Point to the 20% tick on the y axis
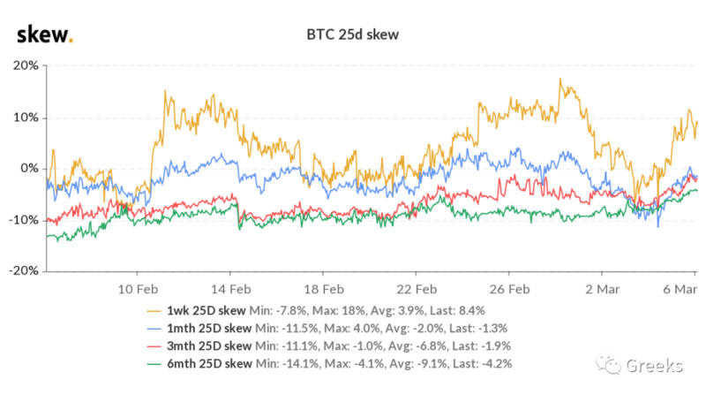(24, 65)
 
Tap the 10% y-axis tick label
(24, 117)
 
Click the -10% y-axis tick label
(22, 219)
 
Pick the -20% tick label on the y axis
(22, 270)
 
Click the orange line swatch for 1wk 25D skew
(157, 310)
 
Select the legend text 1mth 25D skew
(209, 327)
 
